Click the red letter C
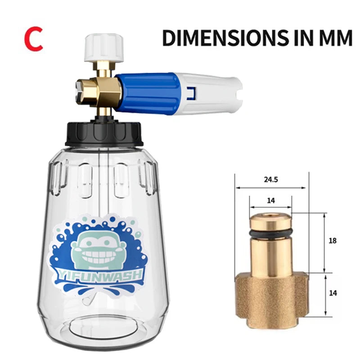point(33,39)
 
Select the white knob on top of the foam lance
point(104,48)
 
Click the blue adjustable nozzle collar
point(148,93)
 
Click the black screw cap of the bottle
point(104,134)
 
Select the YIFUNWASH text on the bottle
point(99,275)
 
